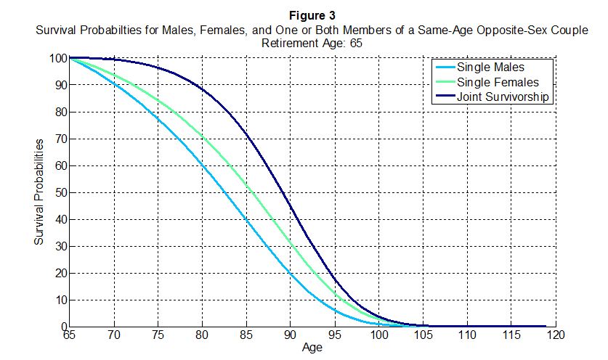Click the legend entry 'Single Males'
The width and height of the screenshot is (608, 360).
click(490, 67)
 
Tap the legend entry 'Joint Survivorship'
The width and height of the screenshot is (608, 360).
click(503, 97)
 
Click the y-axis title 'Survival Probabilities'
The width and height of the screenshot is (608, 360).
click(41, 192)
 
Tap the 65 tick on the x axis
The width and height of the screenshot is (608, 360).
click(69, 336)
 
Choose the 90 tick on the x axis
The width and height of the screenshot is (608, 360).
click(290, 336)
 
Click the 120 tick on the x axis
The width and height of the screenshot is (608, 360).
click(556, 336)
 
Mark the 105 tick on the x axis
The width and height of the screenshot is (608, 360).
click(423, 336)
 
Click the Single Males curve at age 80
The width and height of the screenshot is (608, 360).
click(202, 166)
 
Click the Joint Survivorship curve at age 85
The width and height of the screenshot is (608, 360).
click(246, 136)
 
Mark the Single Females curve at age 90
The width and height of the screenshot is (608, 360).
click(290, 243)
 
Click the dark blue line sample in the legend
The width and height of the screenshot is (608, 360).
click(444, 97)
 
